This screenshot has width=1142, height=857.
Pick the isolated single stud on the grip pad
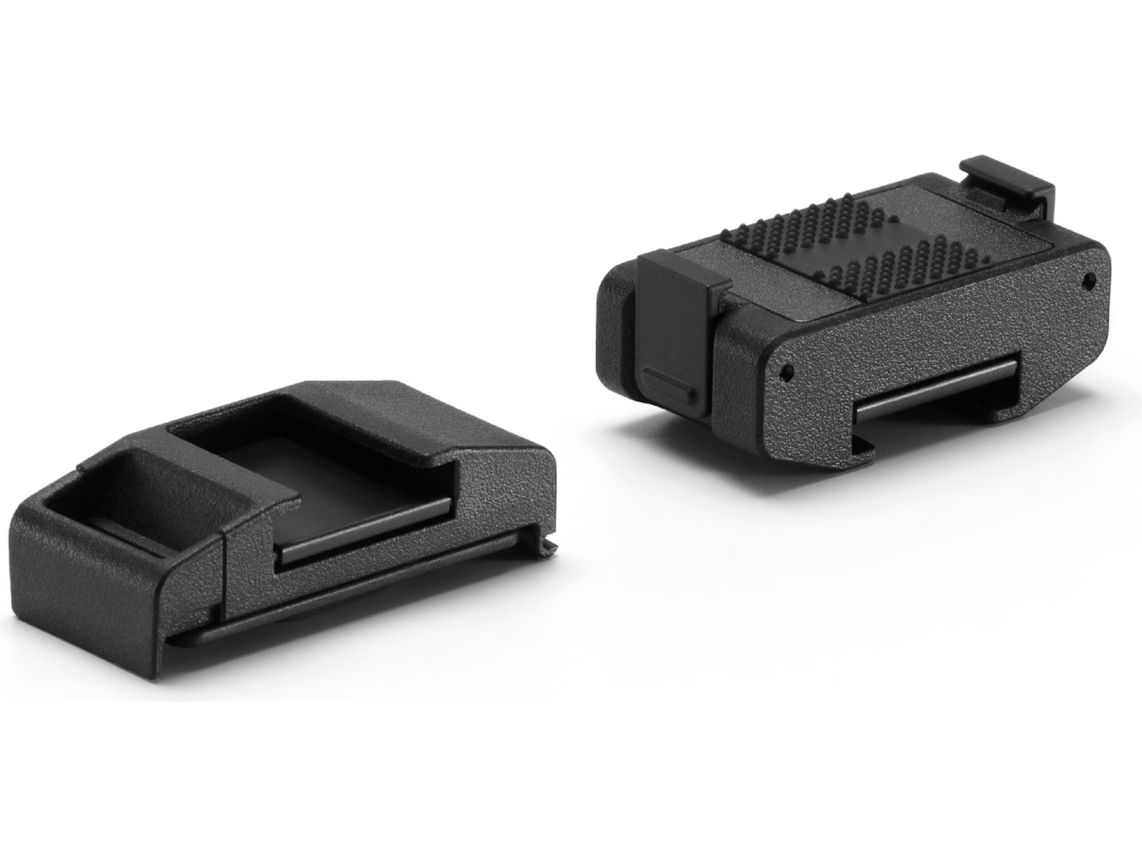[891, 214]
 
